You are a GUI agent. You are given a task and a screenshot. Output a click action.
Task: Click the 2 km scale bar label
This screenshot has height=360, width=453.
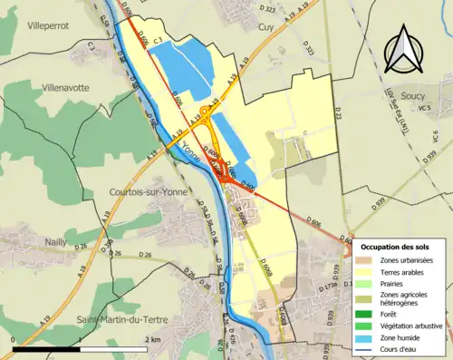(x=153, y=339)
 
